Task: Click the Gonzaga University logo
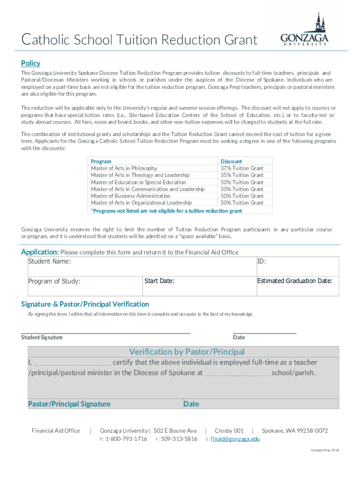coord(304,30)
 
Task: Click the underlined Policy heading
coord(31,64)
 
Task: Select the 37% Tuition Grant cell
coord(242,168)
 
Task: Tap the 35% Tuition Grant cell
coord(242,175)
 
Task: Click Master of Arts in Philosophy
coord(124,168)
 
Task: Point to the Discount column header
coord(231,161)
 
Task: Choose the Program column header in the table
coord(101,161)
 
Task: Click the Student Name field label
coord(50,261)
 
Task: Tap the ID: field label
coord(262,261)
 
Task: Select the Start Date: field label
coord(159,281)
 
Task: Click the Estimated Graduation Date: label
coord(295,281)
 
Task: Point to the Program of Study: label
coord(54,282)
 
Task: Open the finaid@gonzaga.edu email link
coord(235,439)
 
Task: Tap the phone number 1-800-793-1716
coord(126,439)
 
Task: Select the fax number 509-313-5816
coord(179,439)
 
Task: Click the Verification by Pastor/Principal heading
coord(187,352)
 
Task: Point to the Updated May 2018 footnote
coord(325,450)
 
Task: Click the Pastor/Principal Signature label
coord(69,404)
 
